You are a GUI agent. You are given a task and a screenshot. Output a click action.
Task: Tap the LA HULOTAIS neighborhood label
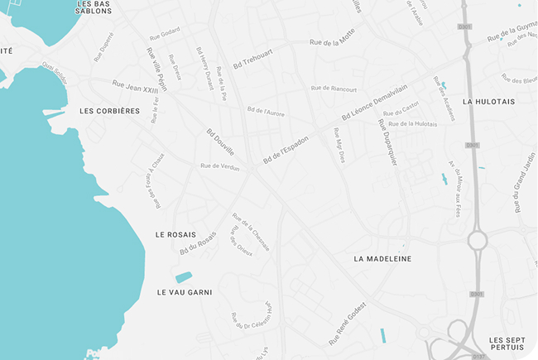click(489, 102)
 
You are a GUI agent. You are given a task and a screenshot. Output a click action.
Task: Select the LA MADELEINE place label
click(382, 259)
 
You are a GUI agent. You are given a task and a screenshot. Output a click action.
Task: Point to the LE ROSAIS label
click(175, 234)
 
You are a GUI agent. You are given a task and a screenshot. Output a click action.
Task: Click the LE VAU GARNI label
click(185, 292)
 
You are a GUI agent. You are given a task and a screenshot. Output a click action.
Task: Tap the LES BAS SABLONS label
click(94, 7)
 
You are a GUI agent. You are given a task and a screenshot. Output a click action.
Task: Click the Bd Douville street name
click(220, 141)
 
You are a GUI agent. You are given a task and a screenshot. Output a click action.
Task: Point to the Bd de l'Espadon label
click(286, 149)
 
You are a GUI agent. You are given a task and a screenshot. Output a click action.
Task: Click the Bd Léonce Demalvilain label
click(380, 103)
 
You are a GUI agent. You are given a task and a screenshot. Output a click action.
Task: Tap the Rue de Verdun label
click(220, 166)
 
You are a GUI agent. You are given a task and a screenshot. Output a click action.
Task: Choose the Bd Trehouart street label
click(253, 56)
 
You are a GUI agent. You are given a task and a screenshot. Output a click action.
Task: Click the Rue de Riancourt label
click(334, 89)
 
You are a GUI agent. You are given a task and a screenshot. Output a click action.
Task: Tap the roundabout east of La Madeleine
click(478, 241)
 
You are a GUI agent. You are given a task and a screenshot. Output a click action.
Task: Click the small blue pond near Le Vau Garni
click(184, 276)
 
